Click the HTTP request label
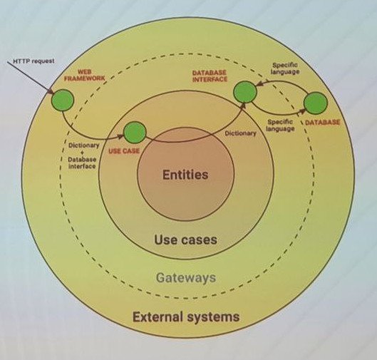[x=33, y=61]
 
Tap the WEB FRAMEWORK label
[x=85, y=75]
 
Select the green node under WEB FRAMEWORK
[x=63, y=100]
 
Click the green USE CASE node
[x=135, y=133]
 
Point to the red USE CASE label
[x=124, y=151]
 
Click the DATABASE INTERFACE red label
[x=210, y=76]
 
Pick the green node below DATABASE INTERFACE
[x=245, y=92]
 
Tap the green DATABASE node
[x=316, y=103]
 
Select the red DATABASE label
[x=322, y=122]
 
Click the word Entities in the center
[x=185, y=175]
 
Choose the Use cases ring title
[x=185, y=240]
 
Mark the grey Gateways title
[x=186, y=278]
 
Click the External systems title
[x=186, y=317]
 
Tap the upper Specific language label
[x=285, y=68]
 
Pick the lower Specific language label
[x=280, y=125]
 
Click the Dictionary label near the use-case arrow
[x=240, y=133]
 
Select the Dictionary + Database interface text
[x=83, y=155]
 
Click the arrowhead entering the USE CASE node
[x=121, y=136]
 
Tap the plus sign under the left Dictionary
[x=82, y=153]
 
